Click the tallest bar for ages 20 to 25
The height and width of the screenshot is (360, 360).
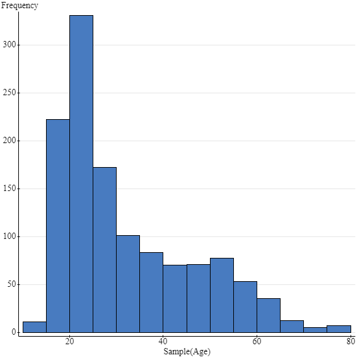[x=81, y=173]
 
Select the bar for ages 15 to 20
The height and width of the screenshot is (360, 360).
[x=58, y=226]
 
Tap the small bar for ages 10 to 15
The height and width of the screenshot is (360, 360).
[x=35, y=327]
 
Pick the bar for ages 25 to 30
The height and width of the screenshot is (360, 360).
[x=105, y=250]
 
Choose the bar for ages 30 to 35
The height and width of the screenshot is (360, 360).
[x=128, y=284]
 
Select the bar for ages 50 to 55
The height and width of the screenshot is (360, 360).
[x=222, y=295]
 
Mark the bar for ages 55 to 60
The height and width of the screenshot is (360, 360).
[x=245, y=307]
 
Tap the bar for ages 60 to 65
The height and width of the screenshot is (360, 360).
[x=269, y=315]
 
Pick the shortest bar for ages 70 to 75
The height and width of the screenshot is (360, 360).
[x=315, y=330]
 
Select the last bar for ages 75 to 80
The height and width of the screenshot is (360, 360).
[x=339, y=329]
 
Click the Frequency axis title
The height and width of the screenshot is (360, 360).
[x=20, y=6]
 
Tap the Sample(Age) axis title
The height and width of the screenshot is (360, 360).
[x=187, y=352]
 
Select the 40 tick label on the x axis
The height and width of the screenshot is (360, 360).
[x=163, y=341]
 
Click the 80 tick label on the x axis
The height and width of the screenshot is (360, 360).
[x=350, y=341]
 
